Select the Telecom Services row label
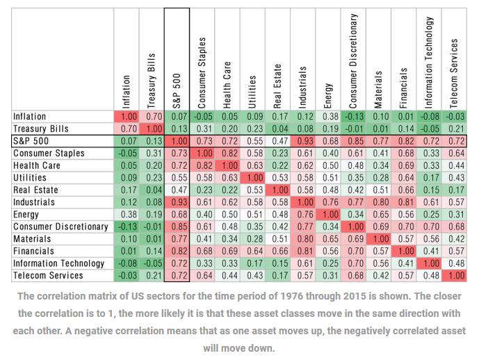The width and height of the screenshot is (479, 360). click(47, 276)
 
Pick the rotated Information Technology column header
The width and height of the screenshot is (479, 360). click(430, 63)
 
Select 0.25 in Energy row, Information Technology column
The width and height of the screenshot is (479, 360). click(431, 215)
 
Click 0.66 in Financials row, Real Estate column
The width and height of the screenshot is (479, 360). click(278, 252)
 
